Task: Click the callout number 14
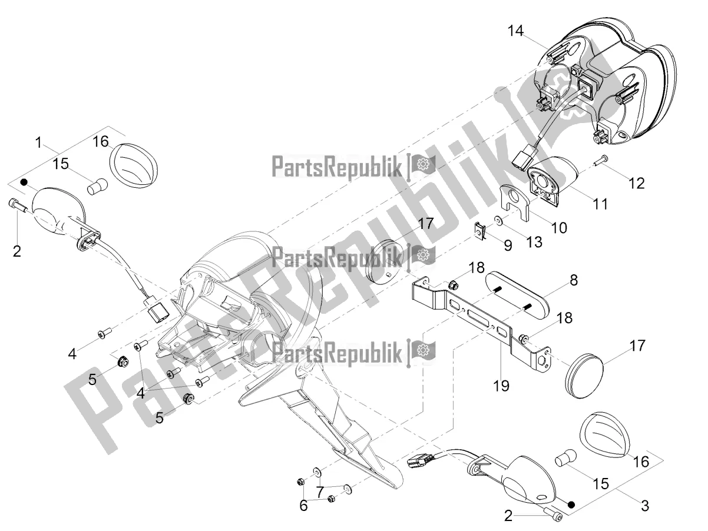pos(515,31)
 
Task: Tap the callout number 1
pos(39,142)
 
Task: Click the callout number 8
pos(574,280)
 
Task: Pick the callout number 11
pos(600,204)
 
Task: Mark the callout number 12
pos(637,183)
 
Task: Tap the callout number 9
pos(508,245)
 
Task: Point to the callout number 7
pos(320,492)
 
